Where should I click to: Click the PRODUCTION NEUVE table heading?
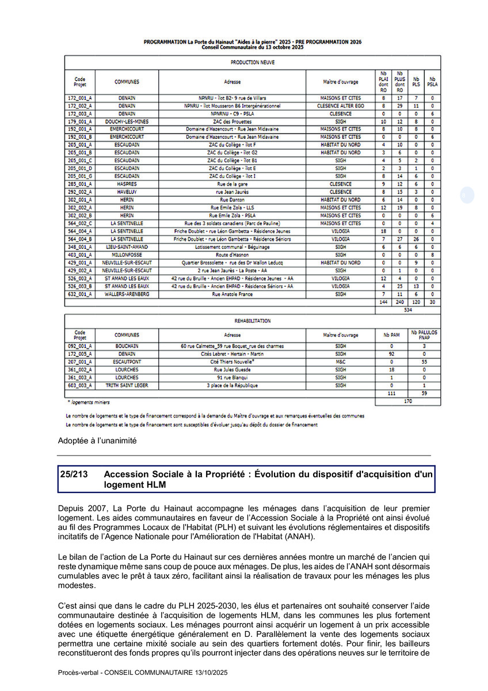point(252,62)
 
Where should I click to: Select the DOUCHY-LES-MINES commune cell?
point(127,122)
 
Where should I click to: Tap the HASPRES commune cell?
point(127,184)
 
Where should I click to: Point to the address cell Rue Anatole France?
point(232,294)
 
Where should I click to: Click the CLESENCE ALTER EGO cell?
point(341,106)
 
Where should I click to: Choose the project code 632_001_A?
point(80,294)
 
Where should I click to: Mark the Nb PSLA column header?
point(432,81)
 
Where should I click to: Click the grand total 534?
point(407,309)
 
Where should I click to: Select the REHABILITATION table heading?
point(252,321)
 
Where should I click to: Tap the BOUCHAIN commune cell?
point(127,346)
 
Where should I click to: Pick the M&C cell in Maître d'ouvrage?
point(341,362)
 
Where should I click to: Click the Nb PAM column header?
point(391,334)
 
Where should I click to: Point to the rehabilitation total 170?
point(407,400)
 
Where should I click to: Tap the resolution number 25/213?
point(73,473)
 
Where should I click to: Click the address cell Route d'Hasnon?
point(232,255)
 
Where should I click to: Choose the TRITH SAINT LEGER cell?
point(127,385)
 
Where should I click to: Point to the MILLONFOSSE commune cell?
point(127,255)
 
